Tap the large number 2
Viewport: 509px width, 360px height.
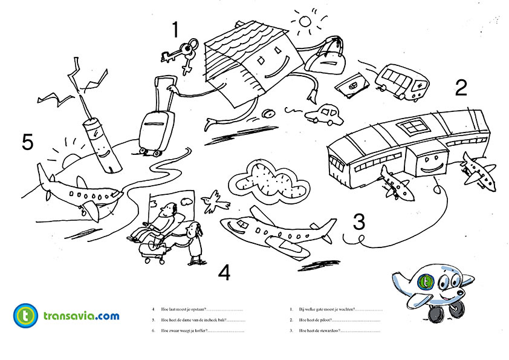461,88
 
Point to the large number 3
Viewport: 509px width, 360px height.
359,221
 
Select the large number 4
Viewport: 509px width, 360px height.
224,273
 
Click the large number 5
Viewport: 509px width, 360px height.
27,142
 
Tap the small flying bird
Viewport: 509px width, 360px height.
212,201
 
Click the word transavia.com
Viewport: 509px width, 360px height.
81,316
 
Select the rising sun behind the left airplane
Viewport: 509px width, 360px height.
68,159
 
